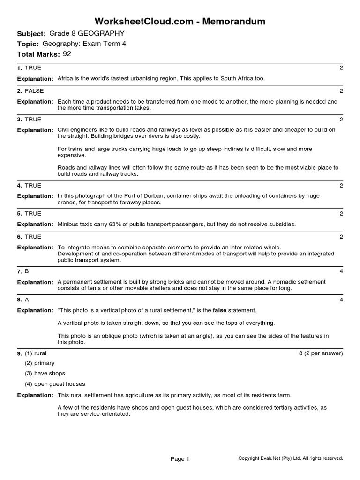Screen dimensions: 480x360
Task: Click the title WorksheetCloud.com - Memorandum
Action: (180, 21)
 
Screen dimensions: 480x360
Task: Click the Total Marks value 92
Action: (67, 54)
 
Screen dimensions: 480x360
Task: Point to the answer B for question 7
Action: (27, 271)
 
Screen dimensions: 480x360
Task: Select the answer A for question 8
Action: (27, 299)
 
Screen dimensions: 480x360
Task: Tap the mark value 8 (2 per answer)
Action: (321, 353)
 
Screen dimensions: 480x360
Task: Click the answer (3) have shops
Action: (45, 374)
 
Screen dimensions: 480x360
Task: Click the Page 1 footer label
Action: (180, 459)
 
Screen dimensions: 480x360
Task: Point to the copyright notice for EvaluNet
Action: (291, 458)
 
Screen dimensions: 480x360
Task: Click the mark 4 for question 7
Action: (341, 271)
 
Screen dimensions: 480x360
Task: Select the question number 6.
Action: (19, 237)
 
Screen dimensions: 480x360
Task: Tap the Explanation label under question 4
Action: (35, 196)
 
